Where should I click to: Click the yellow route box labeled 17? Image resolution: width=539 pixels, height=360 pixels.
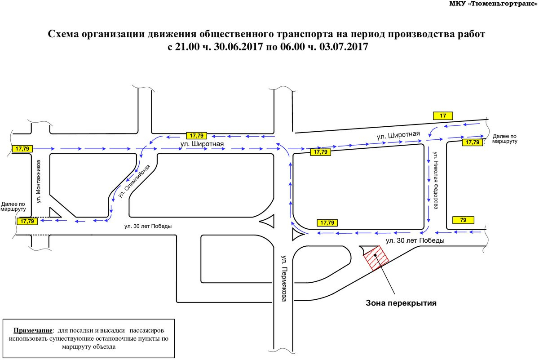click(443, 116)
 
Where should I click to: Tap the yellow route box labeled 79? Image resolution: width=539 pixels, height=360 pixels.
click(463, 220)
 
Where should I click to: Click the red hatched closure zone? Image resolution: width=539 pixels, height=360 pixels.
click(376, 258)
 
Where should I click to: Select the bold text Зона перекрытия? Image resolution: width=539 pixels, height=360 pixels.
click(401, 303)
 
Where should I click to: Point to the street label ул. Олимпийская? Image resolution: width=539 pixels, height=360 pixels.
click(134, 181)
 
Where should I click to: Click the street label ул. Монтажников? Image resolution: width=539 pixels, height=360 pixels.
click(39, 182)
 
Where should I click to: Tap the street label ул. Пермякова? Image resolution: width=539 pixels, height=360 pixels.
click(284, 278)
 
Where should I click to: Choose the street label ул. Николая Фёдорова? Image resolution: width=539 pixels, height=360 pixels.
click(436, 180)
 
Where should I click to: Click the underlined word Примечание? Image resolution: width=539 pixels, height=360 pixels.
click(33, 330)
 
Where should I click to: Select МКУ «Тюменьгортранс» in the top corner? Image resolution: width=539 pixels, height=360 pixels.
click(493, 4)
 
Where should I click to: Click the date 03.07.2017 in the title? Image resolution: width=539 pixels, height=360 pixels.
click(344, 46)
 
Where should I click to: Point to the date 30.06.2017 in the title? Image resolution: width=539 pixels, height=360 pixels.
click(238, 46)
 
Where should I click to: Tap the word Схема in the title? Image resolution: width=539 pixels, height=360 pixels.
click(63, 34)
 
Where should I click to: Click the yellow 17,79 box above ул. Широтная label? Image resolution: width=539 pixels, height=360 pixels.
click(197, 136)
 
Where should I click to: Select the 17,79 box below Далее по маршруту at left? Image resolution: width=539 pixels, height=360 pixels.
click(27, 221)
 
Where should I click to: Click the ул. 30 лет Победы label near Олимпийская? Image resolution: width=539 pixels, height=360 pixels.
click(148, 227)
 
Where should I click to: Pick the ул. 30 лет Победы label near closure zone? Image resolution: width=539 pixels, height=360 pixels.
click(415, 240)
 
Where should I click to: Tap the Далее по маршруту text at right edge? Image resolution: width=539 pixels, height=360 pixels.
click(504, 139)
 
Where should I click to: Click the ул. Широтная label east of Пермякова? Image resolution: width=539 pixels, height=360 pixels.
click(398, 135)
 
